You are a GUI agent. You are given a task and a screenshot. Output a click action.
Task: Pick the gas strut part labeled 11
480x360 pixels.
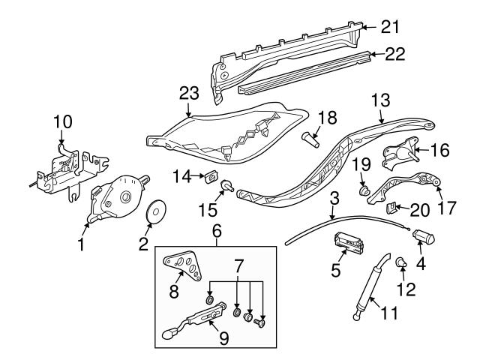point(370,288)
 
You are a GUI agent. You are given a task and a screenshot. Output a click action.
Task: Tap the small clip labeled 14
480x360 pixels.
point(209,178)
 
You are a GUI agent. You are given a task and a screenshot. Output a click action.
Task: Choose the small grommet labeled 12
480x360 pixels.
point(402,262)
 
